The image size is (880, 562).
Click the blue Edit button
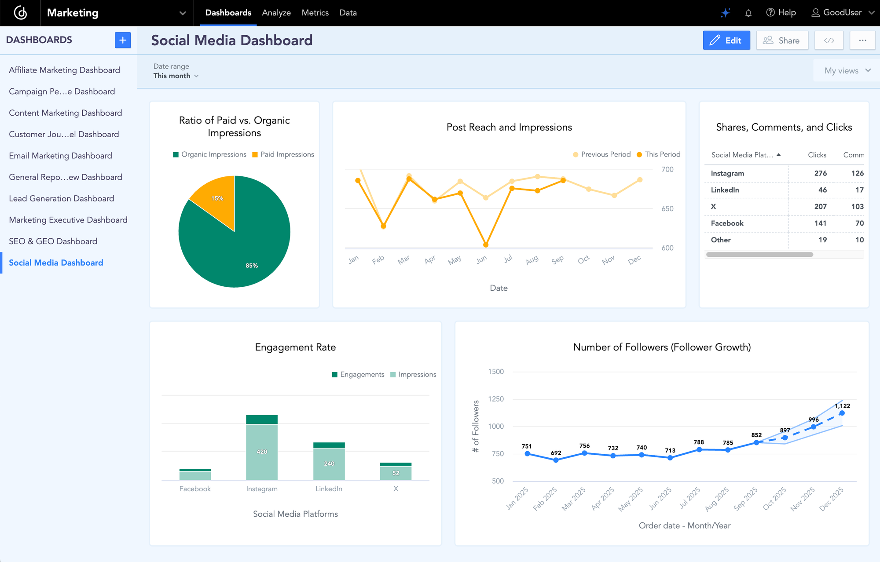point(726,40)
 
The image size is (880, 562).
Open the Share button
point(782,40)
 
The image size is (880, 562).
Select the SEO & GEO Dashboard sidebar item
point(53,241)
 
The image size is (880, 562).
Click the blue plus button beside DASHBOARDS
point(123,40)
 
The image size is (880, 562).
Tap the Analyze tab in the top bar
point(276,13)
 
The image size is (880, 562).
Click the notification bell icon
point(748,13)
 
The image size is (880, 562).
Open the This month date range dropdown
point(176,76)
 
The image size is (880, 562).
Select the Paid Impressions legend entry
point(283,154)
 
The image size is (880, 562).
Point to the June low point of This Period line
point(486,245)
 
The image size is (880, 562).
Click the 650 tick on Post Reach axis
point(667,209)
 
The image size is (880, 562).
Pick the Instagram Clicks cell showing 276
point(820,173)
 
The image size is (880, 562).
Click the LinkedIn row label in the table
point(725,190)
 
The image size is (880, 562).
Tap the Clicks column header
point(817,155)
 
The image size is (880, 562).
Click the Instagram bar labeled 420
point(262,452)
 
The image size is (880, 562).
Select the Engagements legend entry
point(358,375)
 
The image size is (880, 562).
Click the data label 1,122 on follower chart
point(842,406)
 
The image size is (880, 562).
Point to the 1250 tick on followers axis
point(496,399)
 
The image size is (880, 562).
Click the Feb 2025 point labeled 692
point(556,460)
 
